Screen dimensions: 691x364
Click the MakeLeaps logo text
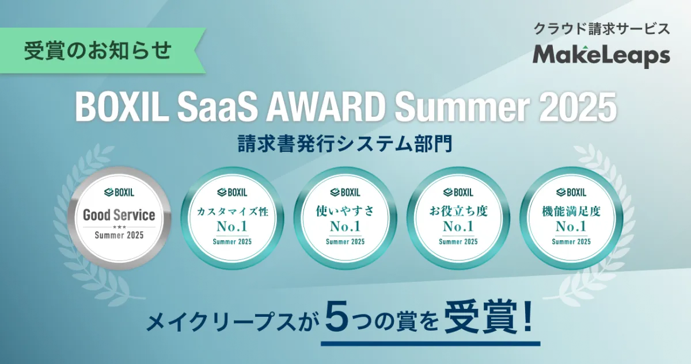click(601, 56)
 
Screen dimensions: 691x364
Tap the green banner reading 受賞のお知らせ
click(102, 51)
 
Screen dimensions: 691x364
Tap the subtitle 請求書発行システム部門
click(345, 144)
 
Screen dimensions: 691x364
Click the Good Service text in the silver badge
click(119, 215)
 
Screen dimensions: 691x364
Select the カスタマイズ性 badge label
click(232, 212)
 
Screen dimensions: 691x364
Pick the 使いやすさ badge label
click(345, 211)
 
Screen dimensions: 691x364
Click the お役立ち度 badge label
click(458, 211)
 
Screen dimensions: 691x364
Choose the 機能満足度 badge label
click(571, 211)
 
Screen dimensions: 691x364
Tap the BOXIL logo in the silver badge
click(119, 193)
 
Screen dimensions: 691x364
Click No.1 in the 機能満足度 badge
click(571, 227)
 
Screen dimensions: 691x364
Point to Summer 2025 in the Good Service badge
click(119, 235)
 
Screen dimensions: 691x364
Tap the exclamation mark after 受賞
click(527, 316)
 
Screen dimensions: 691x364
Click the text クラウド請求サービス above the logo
click(602, 29)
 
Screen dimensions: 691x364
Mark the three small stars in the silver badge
click(119, 227)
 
